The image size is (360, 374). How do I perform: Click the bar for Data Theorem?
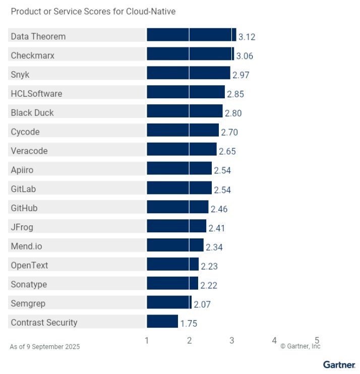[x=191, y=35]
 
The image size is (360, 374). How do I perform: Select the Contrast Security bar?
[x=162, y=322]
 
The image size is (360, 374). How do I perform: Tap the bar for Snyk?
[x=188, y=74]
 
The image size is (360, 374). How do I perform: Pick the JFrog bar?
[x=176, y=226]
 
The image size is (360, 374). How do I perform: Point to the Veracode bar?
[x=182, y=150]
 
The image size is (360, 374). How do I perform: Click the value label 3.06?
[x=245, y=56]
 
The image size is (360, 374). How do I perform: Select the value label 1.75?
[x=189, y=324]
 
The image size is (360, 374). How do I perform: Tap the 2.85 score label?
[x=235, y=94]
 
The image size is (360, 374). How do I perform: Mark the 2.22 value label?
[x=209, y=285]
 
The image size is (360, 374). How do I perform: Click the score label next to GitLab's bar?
[x=222, y=190]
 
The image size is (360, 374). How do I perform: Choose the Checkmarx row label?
[x=32, y=55]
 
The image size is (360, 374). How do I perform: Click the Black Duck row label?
[x=32, y=112]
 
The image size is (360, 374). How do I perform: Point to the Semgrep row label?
[x=28, y=303]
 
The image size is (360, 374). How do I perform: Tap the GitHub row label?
[x=24, y=208]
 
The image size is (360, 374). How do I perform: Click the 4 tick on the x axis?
[x=274, y=341]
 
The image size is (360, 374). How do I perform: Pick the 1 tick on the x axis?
[x=147, y=341]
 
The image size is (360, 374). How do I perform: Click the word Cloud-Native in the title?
[x=152, y=11]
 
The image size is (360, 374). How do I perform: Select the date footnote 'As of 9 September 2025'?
[x=45, y=347]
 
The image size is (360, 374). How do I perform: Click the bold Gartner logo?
[x=339, y=364]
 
